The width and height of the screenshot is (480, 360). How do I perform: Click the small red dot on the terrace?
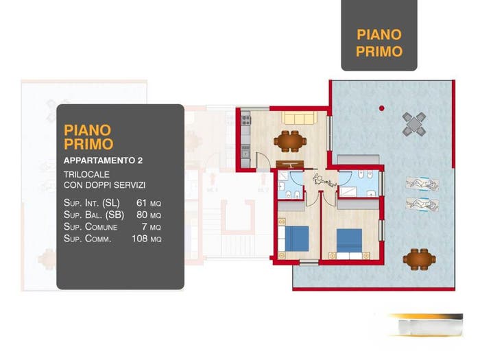382,108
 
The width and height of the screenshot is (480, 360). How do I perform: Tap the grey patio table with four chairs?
414,124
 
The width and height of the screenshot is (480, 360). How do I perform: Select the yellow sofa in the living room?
299,117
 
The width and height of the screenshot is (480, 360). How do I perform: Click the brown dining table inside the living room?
290,141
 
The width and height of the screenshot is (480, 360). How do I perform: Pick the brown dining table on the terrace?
420,259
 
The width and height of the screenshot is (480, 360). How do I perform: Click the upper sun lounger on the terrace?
422,184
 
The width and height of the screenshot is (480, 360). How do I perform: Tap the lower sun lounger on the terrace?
422,204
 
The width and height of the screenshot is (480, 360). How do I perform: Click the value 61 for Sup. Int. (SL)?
141,203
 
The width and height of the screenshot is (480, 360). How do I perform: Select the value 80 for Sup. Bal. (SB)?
142,215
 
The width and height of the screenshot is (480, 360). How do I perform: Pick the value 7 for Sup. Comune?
144,226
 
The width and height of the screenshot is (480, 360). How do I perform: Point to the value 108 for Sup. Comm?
140,238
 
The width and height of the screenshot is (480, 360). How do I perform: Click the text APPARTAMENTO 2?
103,160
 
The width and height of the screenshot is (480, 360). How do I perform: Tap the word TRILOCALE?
86,174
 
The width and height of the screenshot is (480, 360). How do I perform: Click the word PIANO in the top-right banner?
379,34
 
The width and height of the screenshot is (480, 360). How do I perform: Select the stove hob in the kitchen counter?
245,119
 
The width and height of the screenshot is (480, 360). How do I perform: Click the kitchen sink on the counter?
245,152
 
